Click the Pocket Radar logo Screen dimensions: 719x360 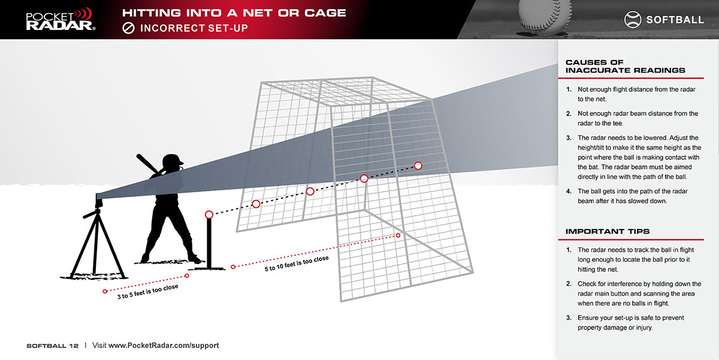61,19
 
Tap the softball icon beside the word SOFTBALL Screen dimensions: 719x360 633,20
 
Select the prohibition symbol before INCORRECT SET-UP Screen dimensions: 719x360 128,28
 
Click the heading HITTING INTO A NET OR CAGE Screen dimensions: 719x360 234,13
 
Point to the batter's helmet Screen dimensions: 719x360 173,161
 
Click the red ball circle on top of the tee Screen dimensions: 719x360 209,214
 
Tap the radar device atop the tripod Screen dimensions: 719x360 99,201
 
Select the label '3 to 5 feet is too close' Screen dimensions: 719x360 147,292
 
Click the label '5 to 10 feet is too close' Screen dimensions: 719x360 297,264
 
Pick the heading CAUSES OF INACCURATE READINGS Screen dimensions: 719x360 626,66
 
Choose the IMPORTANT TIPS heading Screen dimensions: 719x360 608,231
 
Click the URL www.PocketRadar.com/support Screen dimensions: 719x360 164,346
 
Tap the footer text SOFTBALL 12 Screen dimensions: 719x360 52,346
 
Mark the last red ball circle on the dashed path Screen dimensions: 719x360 418,165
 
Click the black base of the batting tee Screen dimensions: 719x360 207,268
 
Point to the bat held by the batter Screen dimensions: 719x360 147,164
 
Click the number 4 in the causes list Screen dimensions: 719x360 569,192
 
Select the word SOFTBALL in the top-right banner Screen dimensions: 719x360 675,20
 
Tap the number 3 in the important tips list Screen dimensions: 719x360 569,318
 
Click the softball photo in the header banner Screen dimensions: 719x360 545,14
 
